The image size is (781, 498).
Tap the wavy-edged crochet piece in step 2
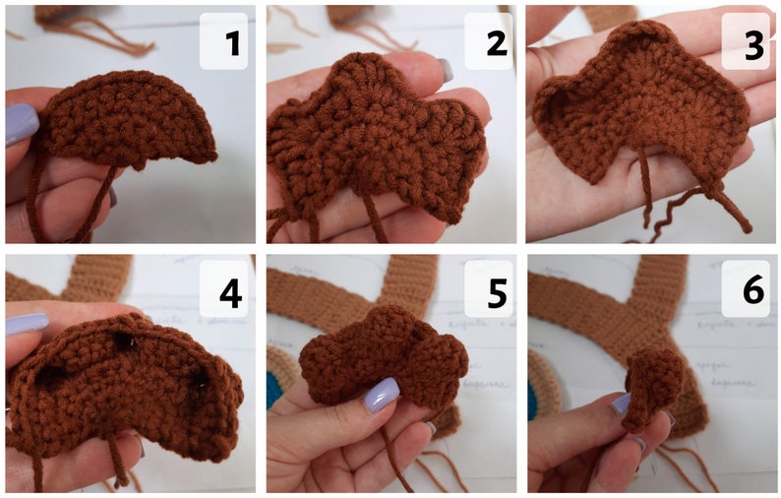374,138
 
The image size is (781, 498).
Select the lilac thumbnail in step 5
378,396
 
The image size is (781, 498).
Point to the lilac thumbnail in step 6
620,403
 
